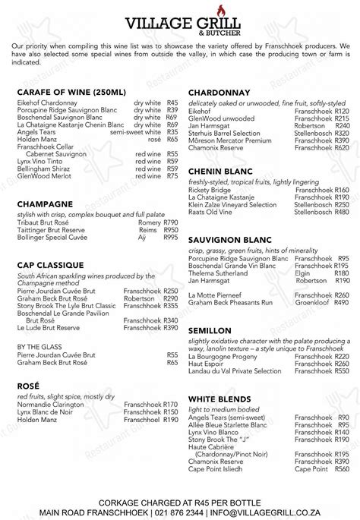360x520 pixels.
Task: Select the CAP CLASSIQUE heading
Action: click(49, 266)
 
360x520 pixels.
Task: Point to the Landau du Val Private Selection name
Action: click(232, 368)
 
